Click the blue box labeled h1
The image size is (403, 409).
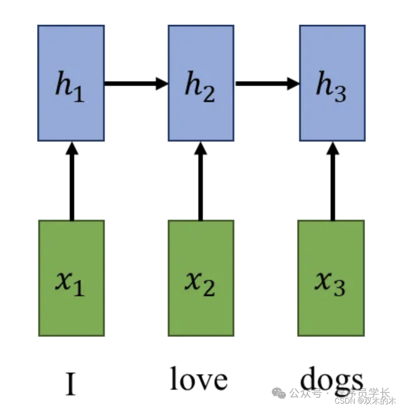click(71, 83)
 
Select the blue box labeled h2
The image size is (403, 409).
click(201, 83)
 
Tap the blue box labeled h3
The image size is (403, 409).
click(332, 83)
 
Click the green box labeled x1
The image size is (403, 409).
click(71, 278)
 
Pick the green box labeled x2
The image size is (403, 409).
click(201, 278)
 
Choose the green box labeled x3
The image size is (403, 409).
click(331, 278)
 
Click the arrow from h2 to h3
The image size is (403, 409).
click(267, 83)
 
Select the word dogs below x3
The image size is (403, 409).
click(331, 380)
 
